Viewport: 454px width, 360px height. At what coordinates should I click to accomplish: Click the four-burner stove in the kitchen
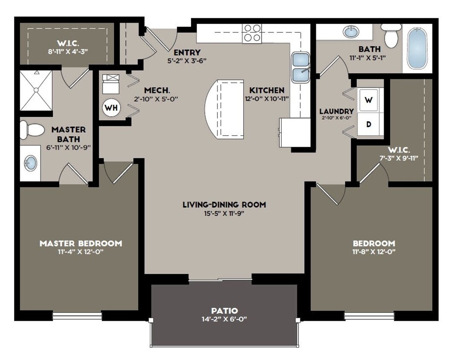(x=252, y=33)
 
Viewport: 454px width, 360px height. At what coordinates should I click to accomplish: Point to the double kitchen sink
(x=301, y=67)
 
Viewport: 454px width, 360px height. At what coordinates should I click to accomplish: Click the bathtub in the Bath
(x=417, y=48)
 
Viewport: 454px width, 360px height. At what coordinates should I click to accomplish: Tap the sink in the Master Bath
(x=30, y=163)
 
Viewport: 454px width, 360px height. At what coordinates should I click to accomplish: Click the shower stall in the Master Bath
(x=36, y=90)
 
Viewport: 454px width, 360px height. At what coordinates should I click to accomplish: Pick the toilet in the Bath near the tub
(x=391, y=35)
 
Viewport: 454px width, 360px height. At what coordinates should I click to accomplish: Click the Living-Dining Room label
(x=224, y=205)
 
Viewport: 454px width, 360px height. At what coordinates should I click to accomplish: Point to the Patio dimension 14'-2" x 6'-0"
(x=224, y=319)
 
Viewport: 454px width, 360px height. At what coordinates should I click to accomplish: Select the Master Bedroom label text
(x=81, y=244)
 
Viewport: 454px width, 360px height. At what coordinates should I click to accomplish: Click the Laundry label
(x=336, y=111)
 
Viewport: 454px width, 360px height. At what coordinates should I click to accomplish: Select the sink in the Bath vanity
(x=351, y=32)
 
